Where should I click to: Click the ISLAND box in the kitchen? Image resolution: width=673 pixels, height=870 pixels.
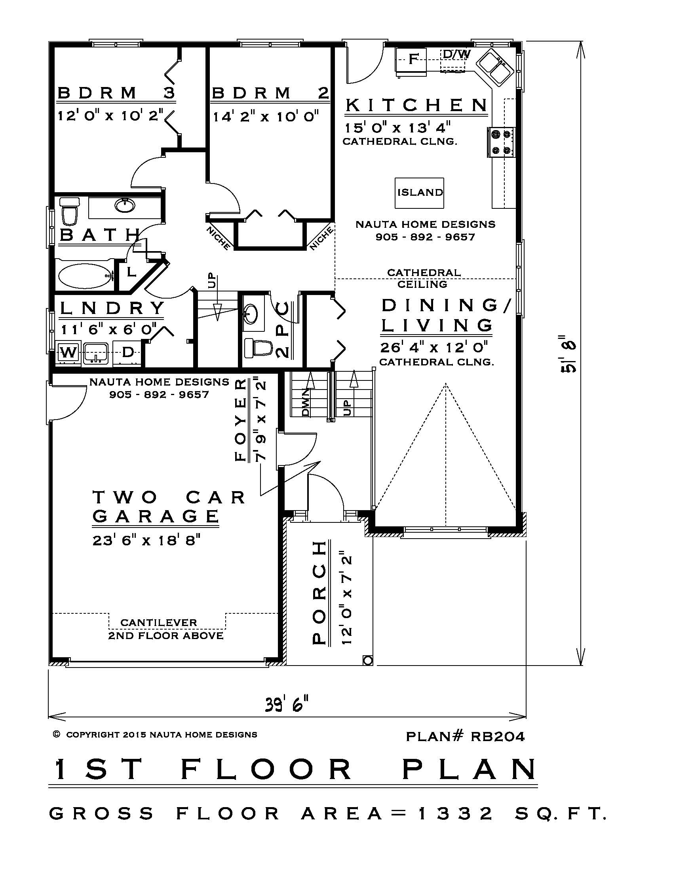[419, 193]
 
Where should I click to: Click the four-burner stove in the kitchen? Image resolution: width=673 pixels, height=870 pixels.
[501, 142]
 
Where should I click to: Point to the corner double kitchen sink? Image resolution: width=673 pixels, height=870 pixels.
[495, 68]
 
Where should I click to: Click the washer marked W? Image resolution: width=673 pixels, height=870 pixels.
[68, 352]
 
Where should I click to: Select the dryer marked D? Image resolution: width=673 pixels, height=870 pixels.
[127, 352]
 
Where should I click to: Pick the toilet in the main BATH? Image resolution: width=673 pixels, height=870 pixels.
[70, 211]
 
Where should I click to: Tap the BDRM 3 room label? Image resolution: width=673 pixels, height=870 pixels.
[116, 93]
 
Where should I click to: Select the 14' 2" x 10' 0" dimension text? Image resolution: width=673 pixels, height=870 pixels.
[266, 117]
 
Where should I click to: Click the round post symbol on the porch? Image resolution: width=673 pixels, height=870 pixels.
[368, 661]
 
